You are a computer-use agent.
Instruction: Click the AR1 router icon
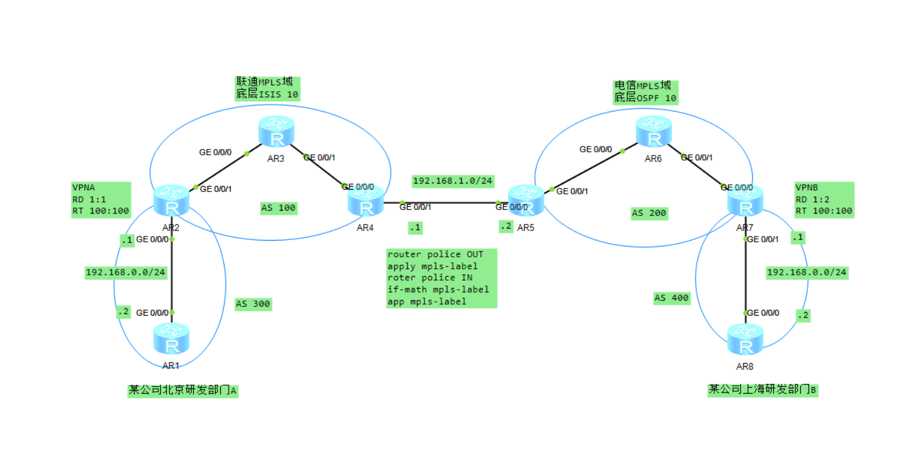[x=171, y=340]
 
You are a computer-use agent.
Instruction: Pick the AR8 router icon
[x=745, y=340]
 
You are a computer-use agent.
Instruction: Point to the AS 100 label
[x=279, y=209]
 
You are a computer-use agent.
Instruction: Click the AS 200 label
[x=649, y=213]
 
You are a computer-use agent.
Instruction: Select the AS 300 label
[x=253, y=304]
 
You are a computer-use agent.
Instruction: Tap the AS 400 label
[x=672, y=298]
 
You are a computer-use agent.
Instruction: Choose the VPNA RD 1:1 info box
[x=100, y=200]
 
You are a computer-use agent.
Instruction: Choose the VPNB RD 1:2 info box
[x=824, y=200]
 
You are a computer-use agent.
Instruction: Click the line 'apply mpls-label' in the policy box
[x=432, y=266]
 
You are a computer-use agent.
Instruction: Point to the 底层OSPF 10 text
[x=645, y=98]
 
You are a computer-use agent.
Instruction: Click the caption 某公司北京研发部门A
[x=182, y=391]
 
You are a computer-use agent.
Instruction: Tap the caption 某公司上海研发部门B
[x=762, y=390]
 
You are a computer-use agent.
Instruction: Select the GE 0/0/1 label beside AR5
[x=572, y=191]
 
